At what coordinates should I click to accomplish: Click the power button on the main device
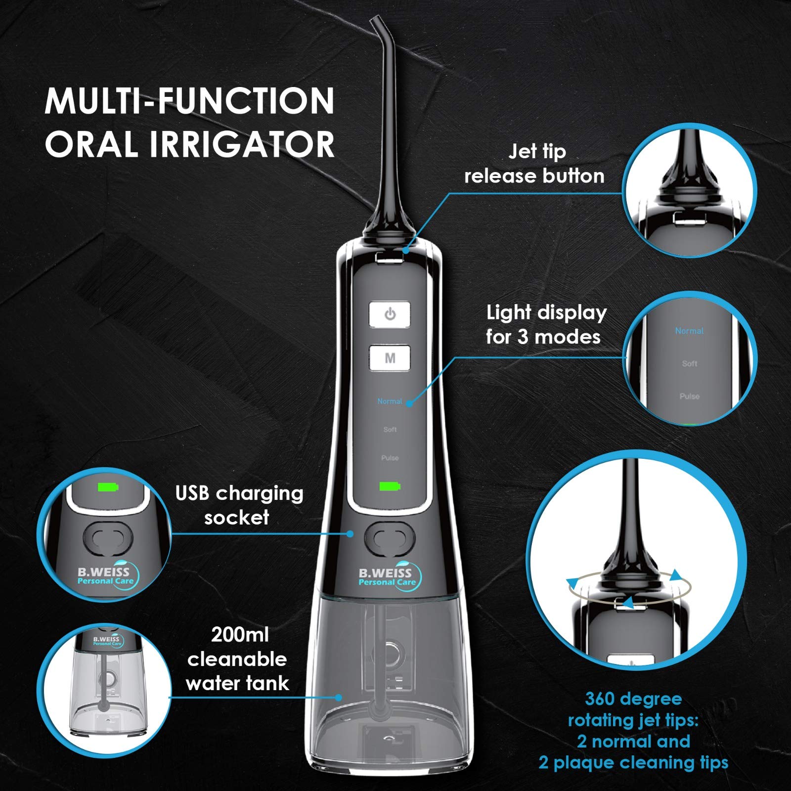point(390,314)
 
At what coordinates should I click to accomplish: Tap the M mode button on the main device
point(390,358)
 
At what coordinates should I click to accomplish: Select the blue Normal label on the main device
point(390,401)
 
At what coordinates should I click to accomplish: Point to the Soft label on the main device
point(390,430)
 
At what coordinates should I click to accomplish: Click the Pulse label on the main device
point(390,458)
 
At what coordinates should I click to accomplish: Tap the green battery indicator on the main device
point(390,486)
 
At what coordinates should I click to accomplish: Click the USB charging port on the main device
point(390,538)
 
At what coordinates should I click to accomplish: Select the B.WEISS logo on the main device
point(390,577)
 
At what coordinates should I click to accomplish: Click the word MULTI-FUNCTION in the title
point(190,101)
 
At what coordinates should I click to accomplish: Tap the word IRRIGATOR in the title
point(242,144)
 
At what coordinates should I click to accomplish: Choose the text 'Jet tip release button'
point(535,164)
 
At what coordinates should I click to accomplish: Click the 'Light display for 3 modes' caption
point(546,325)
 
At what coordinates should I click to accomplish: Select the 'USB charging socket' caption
point(239,505)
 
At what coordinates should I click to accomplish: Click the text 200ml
point(240,635)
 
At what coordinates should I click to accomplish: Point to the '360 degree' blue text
point(633,699)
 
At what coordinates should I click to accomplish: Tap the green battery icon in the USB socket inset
point(108,487)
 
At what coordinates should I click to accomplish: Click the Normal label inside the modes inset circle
point(689,331)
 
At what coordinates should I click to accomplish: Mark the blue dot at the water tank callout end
point(339,698)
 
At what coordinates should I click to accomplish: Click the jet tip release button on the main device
point(389,257)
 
